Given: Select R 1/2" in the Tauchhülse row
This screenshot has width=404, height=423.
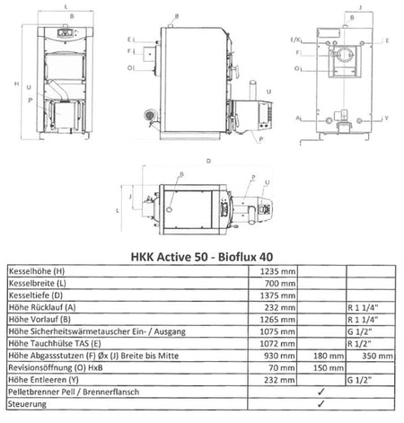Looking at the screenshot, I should tap(361, 343).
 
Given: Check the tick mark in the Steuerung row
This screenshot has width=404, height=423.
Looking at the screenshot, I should tap(321, 405).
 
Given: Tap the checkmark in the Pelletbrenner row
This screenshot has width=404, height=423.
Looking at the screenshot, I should tap(321, 392).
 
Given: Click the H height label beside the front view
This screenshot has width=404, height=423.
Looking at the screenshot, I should tap(8, 84).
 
